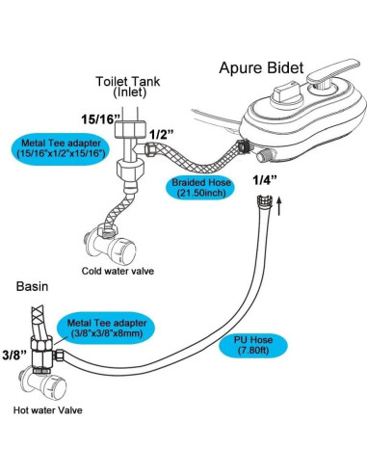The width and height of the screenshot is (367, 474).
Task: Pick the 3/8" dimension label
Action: click(17, 355)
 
